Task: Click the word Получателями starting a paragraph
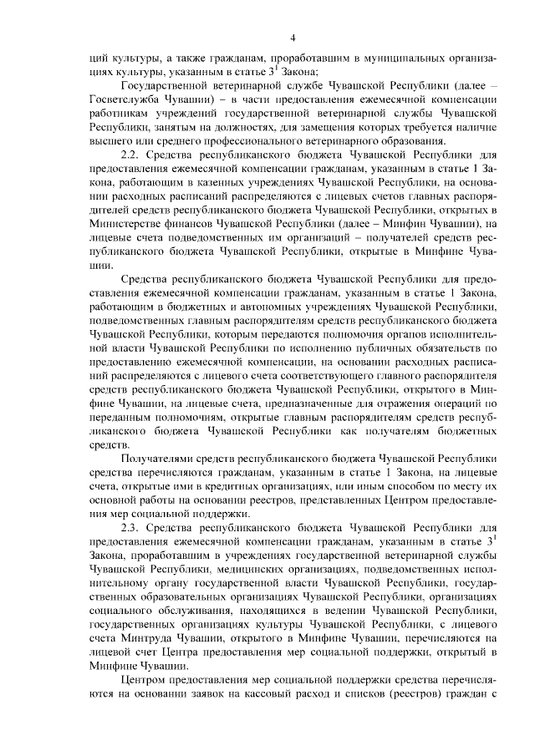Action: click(158, 459)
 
